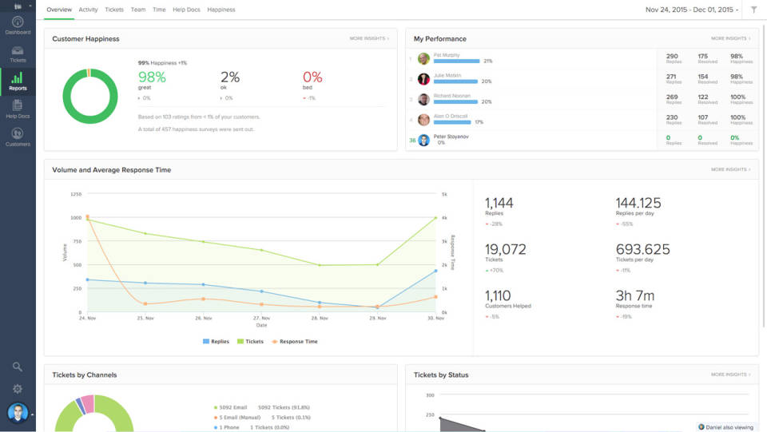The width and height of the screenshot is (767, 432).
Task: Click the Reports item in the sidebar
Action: pyautogui.click(x=18, y=81)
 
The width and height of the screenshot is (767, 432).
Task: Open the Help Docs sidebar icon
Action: pyautogui.click(x=18, y=109)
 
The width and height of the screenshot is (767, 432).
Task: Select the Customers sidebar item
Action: pyautogui.click(x=18, y=137)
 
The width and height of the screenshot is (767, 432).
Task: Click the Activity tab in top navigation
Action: pyautogui.click(x=88, y=10)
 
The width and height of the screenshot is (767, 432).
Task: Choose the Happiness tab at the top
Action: pyautogui.click(x=221, y=10)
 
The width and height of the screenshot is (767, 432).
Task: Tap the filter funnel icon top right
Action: pyautogui.click(x=753, y=10)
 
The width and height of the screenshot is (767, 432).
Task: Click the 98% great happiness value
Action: pyautogui.click(x=152, y=77)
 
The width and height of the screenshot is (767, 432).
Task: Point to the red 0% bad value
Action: pyautogui.click(x=312, y=77)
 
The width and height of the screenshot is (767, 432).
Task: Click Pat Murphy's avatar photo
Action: pyautogui.click(x=423, y=58)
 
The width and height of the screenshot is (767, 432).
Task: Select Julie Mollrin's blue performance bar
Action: pyautogui.click(x=456, y=81)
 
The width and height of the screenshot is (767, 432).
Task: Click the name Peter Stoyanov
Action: pyautogui.click(x=451, y=137)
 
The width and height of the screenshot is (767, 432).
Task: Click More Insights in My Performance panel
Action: pyautogui.click(x=730, y=38)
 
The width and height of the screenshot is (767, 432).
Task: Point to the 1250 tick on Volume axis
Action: pyautogui.click(x=75, y=194)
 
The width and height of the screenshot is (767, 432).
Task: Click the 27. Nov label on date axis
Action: pyautogui.click(x=261, y=319)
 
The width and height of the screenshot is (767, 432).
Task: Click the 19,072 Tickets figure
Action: pyautogui.click(x=506, y=249)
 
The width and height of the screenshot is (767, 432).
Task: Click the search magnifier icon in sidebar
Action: pyautogui.click(x=18, y=367)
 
